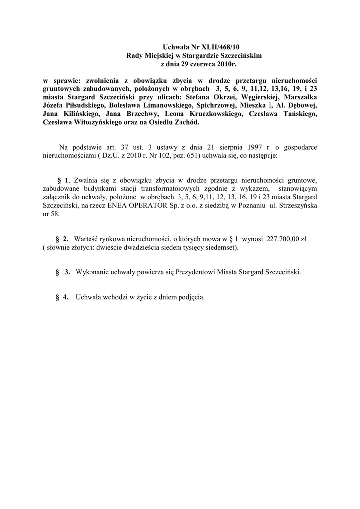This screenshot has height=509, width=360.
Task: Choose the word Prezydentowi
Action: pos(189,272)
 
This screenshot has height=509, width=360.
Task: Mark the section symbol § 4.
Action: pos(61,297)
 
